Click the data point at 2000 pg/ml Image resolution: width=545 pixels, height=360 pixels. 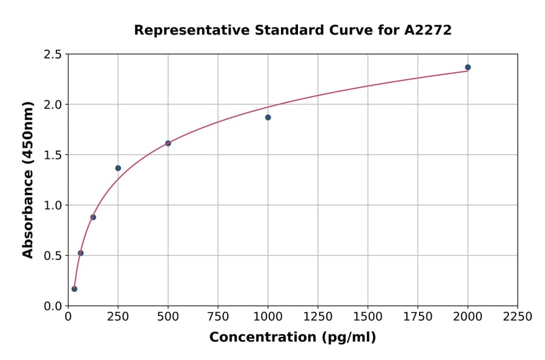[x=467, y=67]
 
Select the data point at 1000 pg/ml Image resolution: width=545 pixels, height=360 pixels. [x=268, y=118]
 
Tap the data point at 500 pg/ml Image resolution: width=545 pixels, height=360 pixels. [x=168, y=144]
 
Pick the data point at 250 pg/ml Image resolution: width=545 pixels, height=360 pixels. [x=118, y=168]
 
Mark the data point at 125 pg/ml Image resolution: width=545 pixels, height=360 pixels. [x=93, y=217]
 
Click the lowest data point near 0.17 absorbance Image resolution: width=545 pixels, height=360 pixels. [x=74, y=289]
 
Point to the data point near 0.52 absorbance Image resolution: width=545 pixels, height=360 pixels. [x=81, y=253]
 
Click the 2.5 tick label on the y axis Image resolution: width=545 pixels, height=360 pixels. [x=52, y=55]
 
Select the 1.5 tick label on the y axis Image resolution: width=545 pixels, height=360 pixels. [x=52, y=155]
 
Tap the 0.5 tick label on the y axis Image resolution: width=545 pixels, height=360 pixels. [x=52, y=256]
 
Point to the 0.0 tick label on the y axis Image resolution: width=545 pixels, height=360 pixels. [x=52, y=306]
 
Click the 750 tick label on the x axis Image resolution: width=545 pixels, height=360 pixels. [x=218, y=317]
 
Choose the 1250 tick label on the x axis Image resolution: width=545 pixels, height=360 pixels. [x=318, y=317]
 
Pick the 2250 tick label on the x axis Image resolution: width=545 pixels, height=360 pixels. [x=517, y=317]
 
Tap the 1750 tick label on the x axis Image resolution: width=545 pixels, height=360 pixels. [x=417, y=317]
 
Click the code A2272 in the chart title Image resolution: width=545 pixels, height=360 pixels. [x=428, y=30]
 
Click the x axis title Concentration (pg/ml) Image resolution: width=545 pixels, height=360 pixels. [x=292, y=338]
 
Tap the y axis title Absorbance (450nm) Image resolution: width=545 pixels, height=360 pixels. [x=28, y=179]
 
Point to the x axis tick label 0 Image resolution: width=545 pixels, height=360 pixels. [x=68, y=317]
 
